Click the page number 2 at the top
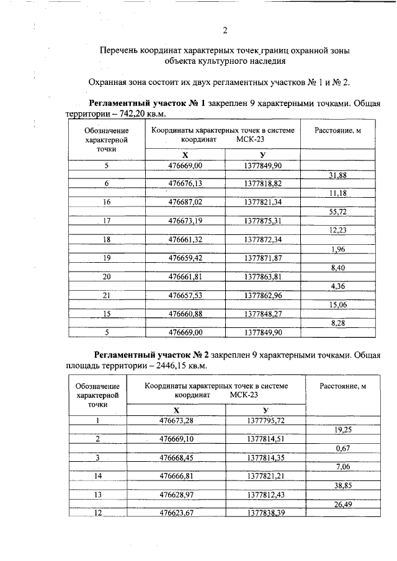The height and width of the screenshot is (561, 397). (x=225, y=31)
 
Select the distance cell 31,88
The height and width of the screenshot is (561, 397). (x=337, y=175)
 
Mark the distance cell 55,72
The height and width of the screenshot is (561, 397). (x=337, y=211)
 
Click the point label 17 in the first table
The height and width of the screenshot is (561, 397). (x=107, y=221)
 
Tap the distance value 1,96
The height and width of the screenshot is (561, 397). (x=338, y=249)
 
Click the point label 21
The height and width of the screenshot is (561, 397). (x=107, y=296)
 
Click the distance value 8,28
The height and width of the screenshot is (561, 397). (x=338, y=323)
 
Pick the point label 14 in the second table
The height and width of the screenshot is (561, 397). (x=97, y=475)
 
